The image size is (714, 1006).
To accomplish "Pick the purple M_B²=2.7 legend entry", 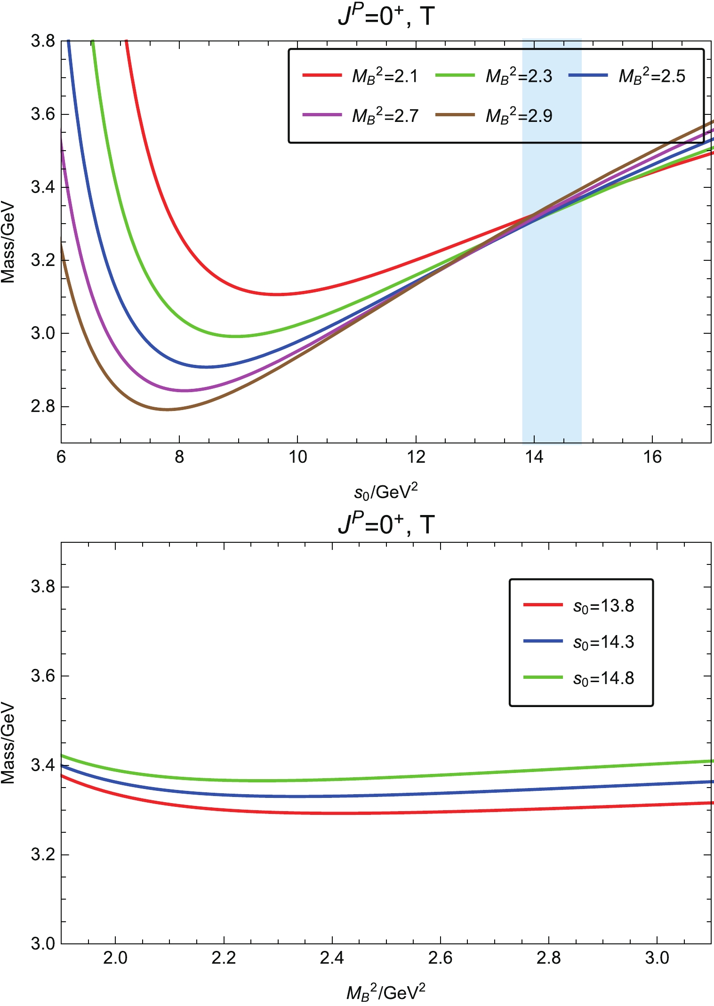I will click(360, 116).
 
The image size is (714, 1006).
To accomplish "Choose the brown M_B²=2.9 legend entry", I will click(494, 116).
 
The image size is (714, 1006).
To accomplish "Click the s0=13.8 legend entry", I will click(579, 606).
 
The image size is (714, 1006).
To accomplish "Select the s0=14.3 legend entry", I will click(579, 642).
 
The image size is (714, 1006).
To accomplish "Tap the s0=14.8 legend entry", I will click(579, 678).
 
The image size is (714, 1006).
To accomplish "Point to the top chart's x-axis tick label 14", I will click(534, 457).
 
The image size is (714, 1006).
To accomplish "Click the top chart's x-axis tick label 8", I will click(179, 457).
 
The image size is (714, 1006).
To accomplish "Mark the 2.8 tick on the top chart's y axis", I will click(43, 407).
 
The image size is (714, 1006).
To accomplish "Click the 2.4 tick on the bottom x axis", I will click(332, 958).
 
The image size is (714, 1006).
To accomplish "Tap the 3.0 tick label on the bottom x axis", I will click(657, 958).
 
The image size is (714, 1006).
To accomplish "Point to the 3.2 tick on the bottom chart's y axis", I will click(43, 854).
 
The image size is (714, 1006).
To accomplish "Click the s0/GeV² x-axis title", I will click(386, 492).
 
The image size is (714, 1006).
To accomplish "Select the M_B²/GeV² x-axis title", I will click(386, 992).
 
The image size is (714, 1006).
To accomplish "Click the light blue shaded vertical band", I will click(552, 330).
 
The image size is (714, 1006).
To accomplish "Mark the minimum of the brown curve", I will click(167, 410).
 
